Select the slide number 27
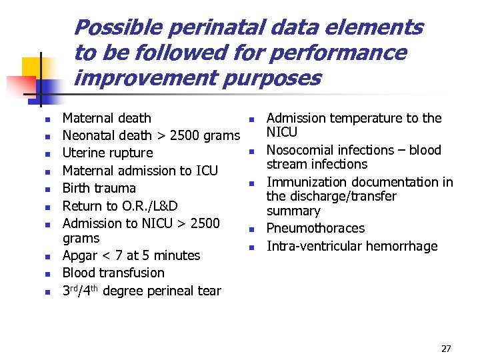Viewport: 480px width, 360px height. [x=446, y=349]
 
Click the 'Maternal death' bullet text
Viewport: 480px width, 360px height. [x=107, y=119]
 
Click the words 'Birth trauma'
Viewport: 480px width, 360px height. [x=99, y=188]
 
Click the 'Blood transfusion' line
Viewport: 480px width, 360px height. [x=113, y=273]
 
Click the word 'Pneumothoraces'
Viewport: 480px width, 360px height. [x=315, y=229]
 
